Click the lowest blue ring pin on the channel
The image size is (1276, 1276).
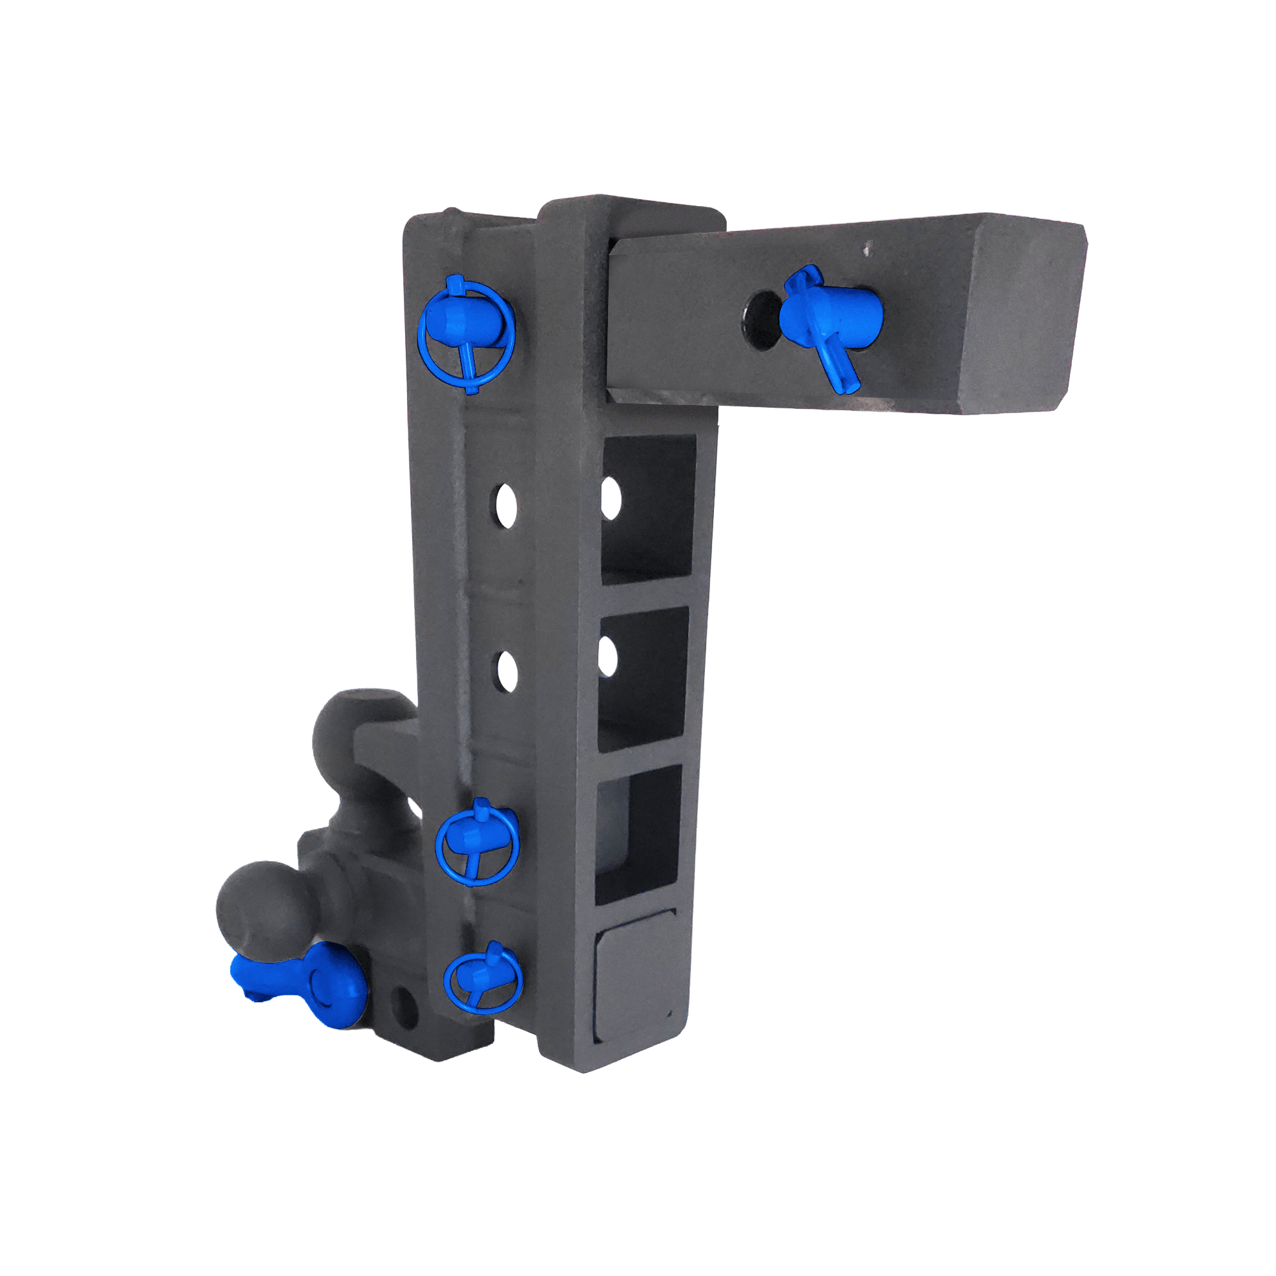point(482,980)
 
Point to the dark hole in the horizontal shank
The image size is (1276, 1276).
point(762,320)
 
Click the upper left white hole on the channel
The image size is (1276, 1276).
point(506,507)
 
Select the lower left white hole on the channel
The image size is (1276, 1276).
point(507,672)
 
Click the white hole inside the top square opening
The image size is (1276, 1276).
point(612,500)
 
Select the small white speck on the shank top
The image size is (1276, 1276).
point(867,249)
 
